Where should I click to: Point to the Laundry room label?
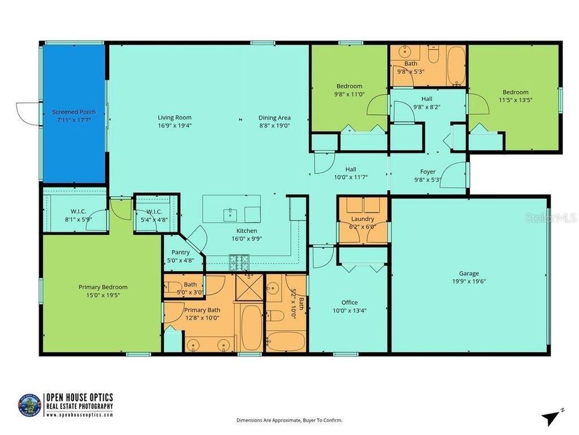[x=362, y=219]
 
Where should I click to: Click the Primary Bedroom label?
[x=103, y=287]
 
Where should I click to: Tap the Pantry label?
[x=180, y=253]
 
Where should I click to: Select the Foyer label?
[x=428, y=171]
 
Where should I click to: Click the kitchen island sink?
[x=230, y=213]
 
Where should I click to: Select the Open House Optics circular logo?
[x=31, y=404]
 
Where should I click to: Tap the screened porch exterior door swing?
[x=27, y=112]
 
